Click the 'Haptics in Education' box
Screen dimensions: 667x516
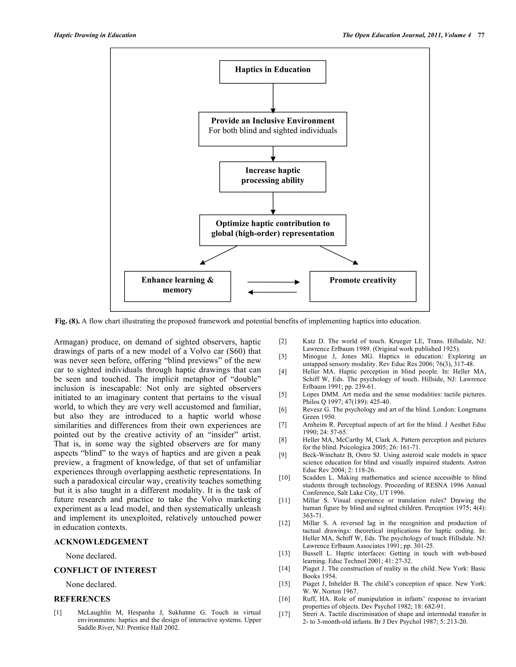(x=272, y=72)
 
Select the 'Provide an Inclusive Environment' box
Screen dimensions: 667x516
(x=272, y=129)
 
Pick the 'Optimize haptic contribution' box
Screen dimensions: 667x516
(x=272, y=230)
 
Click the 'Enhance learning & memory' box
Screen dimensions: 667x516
(x=177, y=286)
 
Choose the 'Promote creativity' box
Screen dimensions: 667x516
(x=363, y=286)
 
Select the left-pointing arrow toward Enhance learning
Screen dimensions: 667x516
(x=272, y=292)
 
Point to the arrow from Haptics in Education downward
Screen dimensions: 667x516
(x=273, y=98)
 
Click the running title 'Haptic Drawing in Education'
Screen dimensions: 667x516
(x=95, y=35)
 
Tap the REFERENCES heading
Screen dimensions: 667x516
(x=82, y=599)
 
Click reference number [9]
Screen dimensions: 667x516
(x=283, y=455)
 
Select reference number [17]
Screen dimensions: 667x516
(x=284, y=614)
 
